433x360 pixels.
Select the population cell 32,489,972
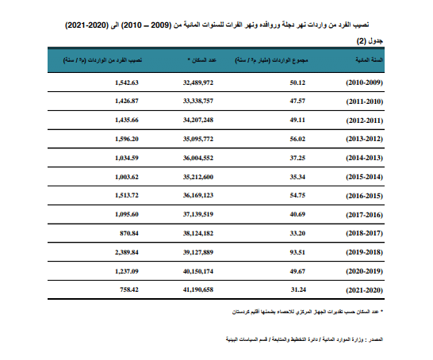click(x=198, y=83)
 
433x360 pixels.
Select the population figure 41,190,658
click(x=198, y=291)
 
